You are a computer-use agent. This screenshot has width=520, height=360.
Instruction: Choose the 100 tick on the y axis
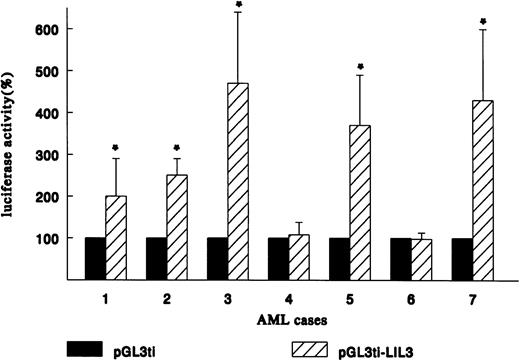coord(70,239)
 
